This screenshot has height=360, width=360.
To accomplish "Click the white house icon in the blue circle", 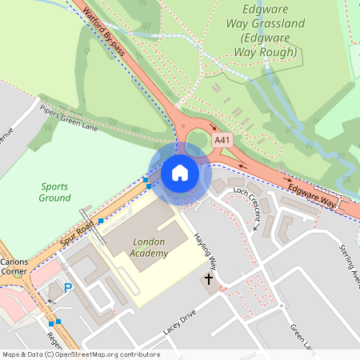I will tap(179, 173).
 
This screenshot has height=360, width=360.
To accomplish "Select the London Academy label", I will tap(149, 248).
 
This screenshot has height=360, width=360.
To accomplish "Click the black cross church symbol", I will tap(209, 280).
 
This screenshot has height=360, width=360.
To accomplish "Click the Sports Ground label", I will tap(54, 191).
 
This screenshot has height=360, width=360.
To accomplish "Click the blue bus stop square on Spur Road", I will tap(101, 220).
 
